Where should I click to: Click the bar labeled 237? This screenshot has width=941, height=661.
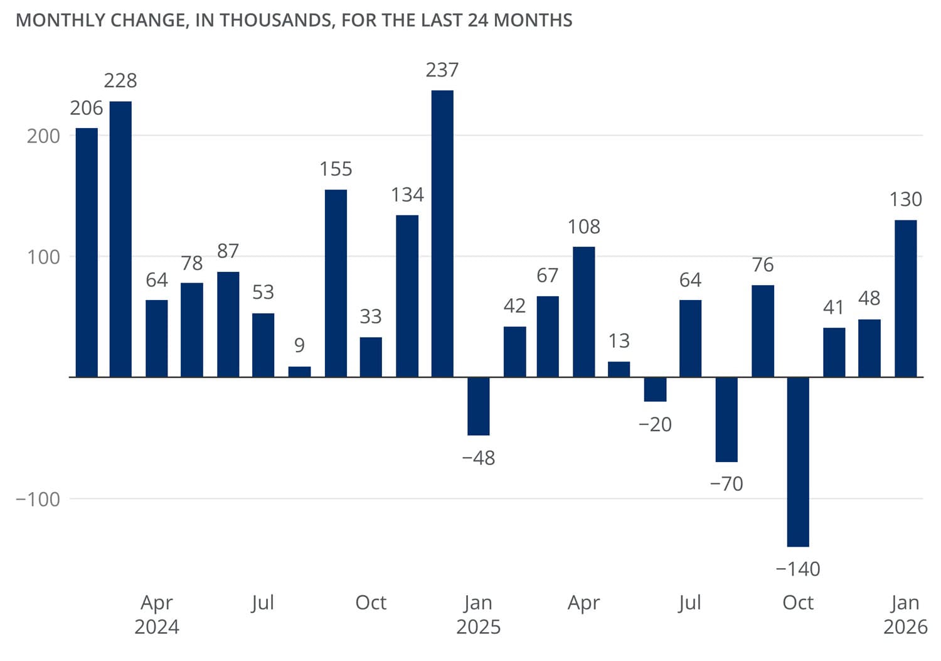point(442,234)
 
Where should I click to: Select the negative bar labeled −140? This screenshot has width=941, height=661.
point(798,461)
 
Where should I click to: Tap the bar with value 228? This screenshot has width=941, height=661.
point(120,239)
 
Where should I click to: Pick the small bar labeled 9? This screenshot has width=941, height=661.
point(299,372)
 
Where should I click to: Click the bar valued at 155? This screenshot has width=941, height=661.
point(336,283)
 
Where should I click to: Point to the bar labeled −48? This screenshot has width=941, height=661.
point(479,406)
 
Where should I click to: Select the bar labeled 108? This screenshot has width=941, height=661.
point(584,312)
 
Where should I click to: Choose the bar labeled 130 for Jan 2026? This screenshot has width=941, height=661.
point(905,299)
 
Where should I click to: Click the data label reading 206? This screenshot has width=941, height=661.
point(87,108)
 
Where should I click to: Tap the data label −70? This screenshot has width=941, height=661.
point(726,483)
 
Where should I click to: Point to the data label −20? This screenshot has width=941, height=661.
point(655,424)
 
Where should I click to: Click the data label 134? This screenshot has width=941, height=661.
point(407,195)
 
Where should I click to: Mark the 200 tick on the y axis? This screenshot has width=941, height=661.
point(43,136)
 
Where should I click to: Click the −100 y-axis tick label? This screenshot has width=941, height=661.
point(38,499)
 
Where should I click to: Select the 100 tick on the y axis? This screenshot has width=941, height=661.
point(43,257)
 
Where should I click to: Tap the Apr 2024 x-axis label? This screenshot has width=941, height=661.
point(157,614)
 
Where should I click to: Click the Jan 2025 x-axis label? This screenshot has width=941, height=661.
point(478,614)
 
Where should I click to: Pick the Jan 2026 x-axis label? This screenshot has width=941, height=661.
point(905,614)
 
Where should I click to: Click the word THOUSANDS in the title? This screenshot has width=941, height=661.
point(274,20)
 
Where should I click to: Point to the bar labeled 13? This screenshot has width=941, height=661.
point(619,369)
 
